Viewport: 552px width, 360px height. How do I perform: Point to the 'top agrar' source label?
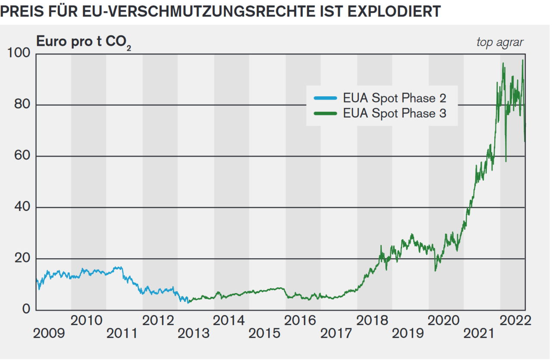[500, 42]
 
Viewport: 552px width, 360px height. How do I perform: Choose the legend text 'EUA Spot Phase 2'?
[394, 98]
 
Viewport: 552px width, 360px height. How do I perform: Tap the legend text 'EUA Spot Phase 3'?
[394, 113]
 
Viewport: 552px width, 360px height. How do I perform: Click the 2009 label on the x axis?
[50, 333]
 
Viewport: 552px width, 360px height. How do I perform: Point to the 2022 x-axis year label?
[514, 320]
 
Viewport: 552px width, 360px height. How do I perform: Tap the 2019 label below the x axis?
[408, 333]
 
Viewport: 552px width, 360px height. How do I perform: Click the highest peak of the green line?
[523, 60]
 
